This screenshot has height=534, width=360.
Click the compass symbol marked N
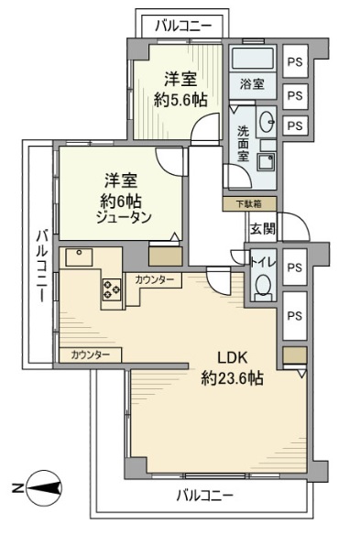44,489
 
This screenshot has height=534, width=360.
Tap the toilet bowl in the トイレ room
263,287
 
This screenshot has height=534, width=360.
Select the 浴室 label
252,83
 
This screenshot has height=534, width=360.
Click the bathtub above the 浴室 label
253,58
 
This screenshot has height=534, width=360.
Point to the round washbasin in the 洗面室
267,121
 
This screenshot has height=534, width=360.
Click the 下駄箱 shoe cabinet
249,204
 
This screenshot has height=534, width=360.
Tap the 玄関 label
263,228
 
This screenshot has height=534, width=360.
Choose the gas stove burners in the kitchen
112,289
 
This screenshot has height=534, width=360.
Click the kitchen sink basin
79,257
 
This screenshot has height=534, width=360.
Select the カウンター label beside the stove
154,280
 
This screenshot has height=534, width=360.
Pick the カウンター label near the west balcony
91,355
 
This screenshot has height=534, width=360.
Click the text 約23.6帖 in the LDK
232,377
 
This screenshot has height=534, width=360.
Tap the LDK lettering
232,358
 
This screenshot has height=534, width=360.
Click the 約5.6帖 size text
180,100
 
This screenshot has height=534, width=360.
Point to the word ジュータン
124,218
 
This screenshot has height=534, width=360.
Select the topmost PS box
295,61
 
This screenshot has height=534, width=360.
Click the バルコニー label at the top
183,27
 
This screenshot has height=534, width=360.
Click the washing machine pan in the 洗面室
267,162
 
